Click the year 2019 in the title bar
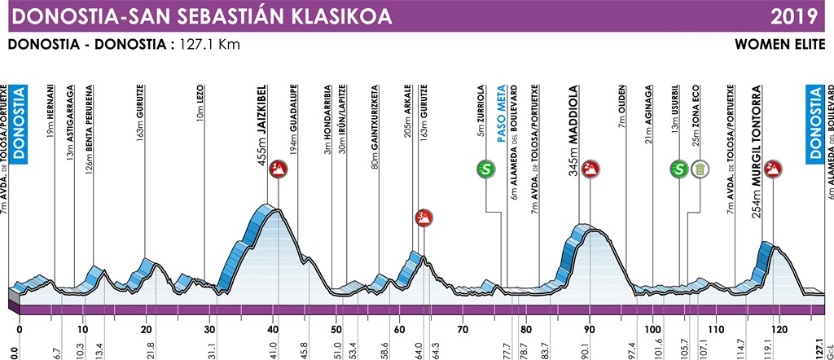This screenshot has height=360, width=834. pos(802,15)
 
